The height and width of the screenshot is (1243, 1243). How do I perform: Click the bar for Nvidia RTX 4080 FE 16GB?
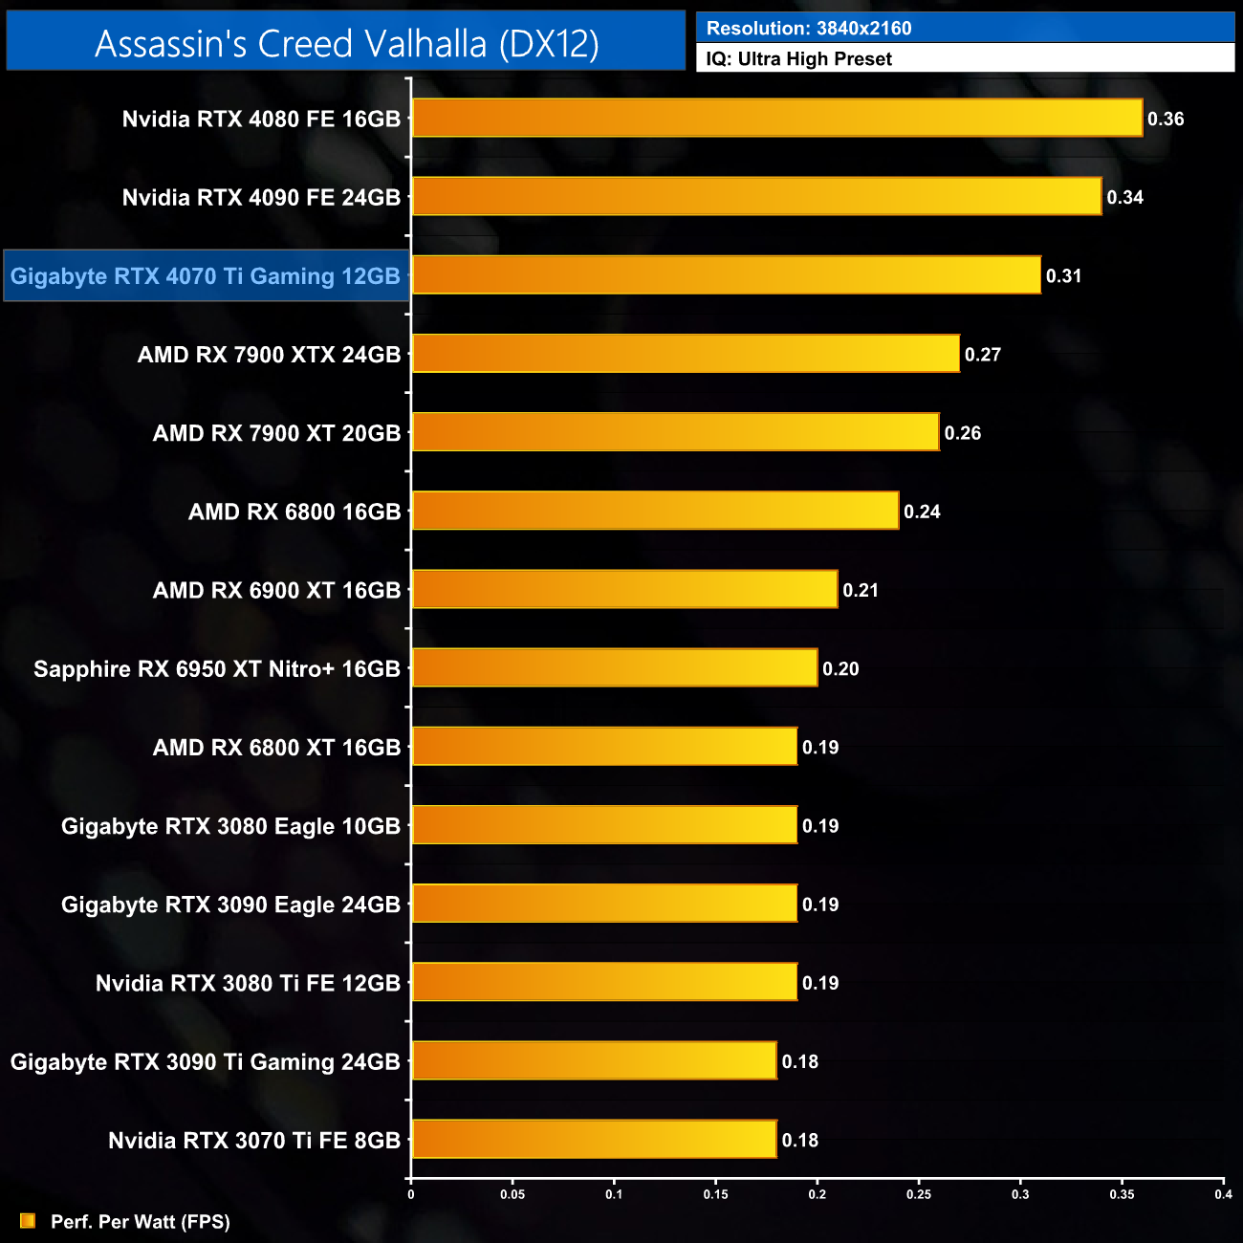776,119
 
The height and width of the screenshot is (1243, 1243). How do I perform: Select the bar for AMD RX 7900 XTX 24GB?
686,354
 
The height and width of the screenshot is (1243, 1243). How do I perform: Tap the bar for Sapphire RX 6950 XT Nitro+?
615,668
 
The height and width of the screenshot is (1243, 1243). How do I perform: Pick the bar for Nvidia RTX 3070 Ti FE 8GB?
594,1140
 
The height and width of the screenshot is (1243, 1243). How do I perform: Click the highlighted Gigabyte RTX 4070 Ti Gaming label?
206,276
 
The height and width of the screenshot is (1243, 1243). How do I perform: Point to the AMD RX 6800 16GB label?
294,512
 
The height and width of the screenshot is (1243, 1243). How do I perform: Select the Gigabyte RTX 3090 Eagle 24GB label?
230,905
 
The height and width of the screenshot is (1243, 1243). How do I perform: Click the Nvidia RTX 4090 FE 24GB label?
261,198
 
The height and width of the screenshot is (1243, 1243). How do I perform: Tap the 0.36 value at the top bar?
1166,120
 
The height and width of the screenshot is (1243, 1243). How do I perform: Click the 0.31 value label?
1063,276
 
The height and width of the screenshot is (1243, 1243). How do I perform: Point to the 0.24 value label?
922,512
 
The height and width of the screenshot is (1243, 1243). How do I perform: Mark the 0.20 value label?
840,669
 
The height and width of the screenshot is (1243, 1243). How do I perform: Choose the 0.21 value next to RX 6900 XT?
861,591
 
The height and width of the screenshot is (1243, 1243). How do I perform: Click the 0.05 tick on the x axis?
512,1194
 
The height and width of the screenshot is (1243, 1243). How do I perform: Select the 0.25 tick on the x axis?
919,1194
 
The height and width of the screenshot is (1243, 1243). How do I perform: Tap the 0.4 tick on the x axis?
1223,1194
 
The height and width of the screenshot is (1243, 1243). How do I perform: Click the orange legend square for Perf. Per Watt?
28,1221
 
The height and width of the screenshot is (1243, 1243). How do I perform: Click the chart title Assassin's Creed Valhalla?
346,44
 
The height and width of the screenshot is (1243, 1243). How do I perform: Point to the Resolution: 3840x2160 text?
809,29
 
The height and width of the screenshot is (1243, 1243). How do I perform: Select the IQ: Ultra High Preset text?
798,59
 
